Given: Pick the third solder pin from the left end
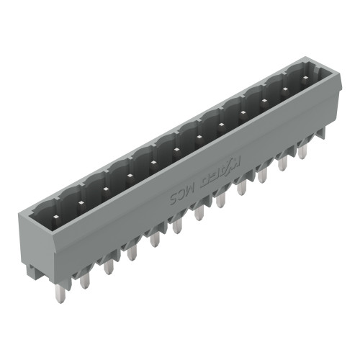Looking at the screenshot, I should [x=108, y=266].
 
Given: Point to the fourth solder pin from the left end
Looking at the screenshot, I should [x=131, y=253].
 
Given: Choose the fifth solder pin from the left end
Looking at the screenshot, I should [x=153, y=240].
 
